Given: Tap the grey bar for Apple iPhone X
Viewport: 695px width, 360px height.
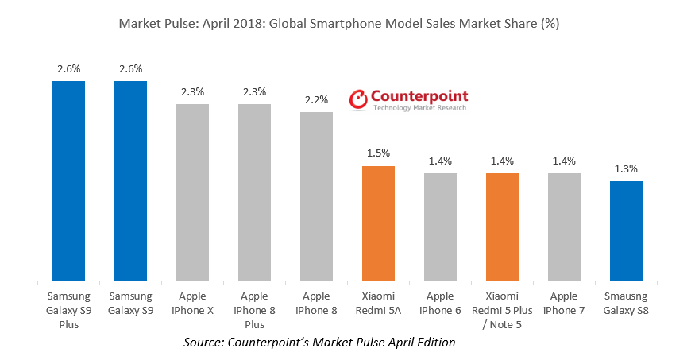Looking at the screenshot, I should point(192,192).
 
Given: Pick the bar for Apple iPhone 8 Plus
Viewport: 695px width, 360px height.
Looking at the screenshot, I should point(254,192).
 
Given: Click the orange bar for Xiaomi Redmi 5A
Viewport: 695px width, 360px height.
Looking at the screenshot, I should point(378,223).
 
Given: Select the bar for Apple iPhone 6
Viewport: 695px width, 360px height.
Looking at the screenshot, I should point(440,226).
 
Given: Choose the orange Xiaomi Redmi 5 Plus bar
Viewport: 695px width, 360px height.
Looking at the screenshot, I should point(502,226).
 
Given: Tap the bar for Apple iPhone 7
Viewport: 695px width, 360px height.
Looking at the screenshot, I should point(564,226).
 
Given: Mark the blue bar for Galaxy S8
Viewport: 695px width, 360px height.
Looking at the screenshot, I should point(626,230).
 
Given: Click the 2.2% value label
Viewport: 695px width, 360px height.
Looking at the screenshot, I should point(316,100).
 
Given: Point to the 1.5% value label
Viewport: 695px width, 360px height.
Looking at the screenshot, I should point(378,153).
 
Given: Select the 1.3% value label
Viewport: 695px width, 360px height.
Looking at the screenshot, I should point(626,168).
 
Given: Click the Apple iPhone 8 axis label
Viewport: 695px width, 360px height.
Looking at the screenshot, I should point(316,304).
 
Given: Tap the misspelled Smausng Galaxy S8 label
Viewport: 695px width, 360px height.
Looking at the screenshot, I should point(626,304).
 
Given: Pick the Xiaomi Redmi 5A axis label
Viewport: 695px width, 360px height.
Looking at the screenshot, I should point(378,304).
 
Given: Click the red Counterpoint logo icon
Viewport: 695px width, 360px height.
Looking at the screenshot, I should point(360,99).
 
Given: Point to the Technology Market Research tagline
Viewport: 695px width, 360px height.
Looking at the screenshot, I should point(420,108).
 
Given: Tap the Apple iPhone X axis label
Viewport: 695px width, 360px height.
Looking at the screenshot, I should point(192,304).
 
